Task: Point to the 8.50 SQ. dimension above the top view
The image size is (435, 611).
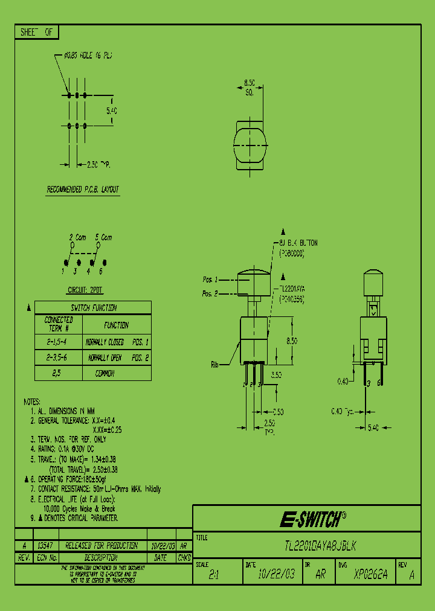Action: [249, 88]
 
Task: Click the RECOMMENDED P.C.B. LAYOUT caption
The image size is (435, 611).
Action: [83, 190]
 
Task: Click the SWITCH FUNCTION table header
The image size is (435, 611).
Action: [94, 308]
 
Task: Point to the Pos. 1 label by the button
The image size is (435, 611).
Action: [210, 280]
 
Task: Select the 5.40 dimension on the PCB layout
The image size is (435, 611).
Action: [111, 111]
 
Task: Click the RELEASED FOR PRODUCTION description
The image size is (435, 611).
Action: [101, 545]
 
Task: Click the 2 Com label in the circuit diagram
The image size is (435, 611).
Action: [77, 237]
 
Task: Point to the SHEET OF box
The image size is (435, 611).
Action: [37, 33]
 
